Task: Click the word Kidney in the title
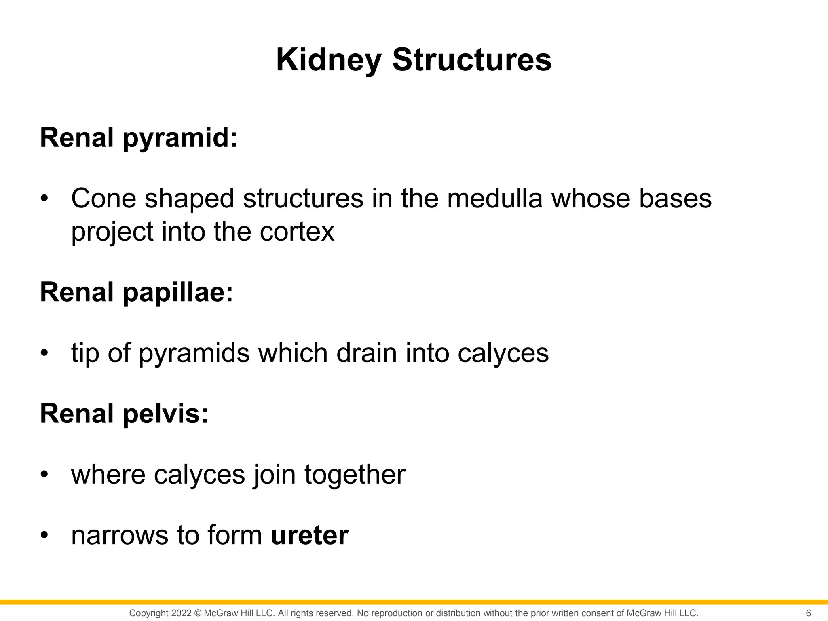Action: (x=328, y=60)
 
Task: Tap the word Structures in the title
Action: (x=471, y=59)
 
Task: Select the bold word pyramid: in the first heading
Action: (x=180, y=138)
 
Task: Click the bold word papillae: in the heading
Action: (x=178, y=293)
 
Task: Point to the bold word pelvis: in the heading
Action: (x=165, y=414)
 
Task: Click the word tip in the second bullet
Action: (x=85, y=353)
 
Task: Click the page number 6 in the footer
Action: (x=808, y=613)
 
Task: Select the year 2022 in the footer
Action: (x=181, y=613)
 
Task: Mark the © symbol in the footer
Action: (x=198, y=613)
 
